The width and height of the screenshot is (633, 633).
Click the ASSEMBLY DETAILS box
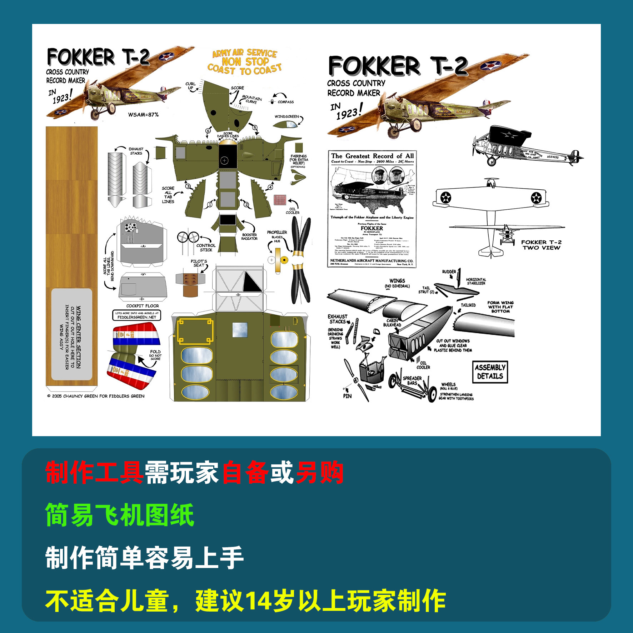coord(490,372)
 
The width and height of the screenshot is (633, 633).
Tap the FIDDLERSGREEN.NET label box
coord(137,315)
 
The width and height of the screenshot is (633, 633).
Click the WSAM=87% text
coord(143,115)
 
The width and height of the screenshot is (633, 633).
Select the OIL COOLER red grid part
coord(280,199)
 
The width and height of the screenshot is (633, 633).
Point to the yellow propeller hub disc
coord(284,260)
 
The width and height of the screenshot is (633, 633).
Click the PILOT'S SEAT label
coord(199,263)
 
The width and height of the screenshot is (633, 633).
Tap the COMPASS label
coord(285,102)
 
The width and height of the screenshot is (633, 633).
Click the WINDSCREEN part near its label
coord(285,124)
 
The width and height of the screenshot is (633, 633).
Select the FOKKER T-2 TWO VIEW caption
coord(541,245)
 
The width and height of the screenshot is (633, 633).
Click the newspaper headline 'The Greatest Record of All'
coord(372,156)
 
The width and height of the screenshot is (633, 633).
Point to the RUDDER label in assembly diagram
coord(449,271)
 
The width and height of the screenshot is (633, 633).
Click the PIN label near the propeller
coord(347,396)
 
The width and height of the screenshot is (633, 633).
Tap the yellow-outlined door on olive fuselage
coord(195,331)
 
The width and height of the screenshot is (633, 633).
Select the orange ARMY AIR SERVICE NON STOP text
coord(245,61)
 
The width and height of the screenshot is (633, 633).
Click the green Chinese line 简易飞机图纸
coord(120,515)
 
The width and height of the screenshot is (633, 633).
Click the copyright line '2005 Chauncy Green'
coord(96,396)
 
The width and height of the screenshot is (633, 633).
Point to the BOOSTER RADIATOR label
coord(249,236)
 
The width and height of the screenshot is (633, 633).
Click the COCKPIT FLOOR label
coord(143,306)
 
